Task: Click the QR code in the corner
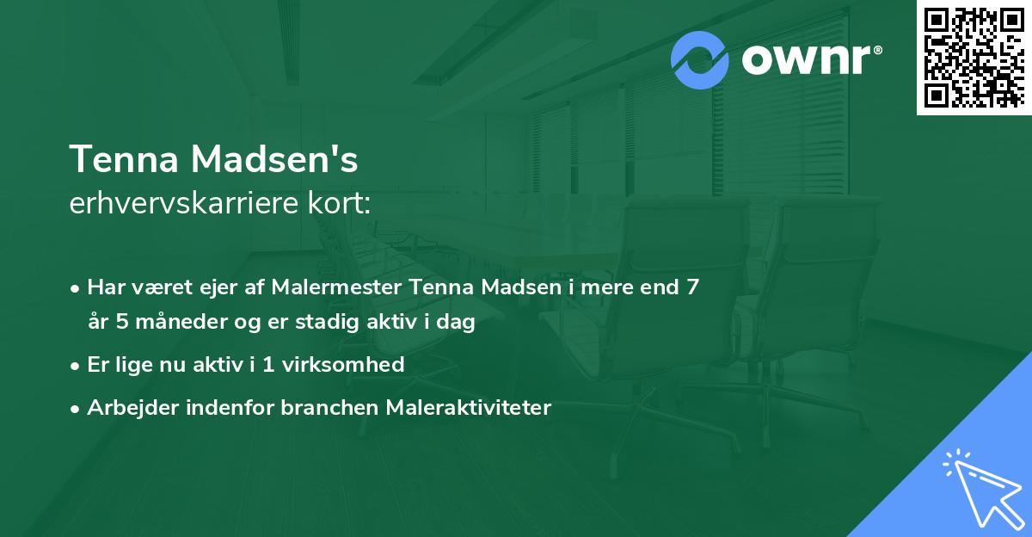coord(974,58)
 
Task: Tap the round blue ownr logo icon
coord(700,59)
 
